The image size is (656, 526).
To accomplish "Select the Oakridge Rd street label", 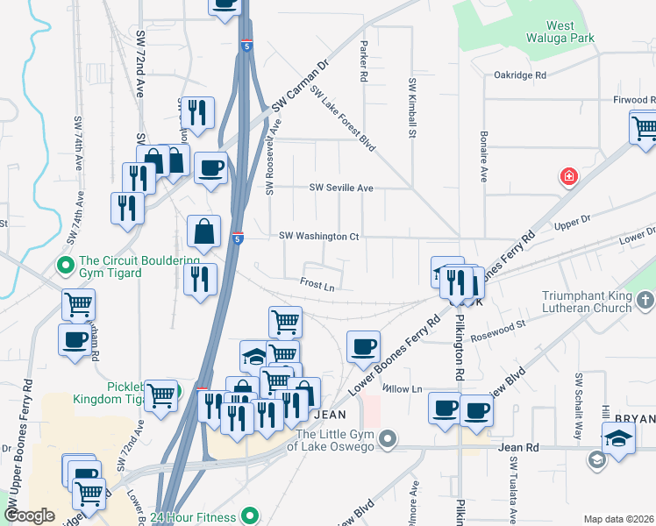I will pyautogui.click(x=520, y=75).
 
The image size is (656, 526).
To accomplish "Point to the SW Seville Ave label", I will pyautogui.click(x=341, y=188).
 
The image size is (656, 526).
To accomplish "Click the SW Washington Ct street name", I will pyautogui.click(x=319, y=236).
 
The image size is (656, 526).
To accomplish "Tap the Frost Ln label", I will pyautogui.click(x=317, y=284).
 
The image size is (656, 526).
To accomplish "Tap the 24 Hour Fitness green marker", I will pyautogui.click(x=249, y=515).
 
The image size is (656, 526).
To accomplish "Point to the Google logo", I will pyautogui.click(x=30, y=515).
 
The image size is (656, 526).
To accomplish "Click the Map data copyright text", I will pyautogui.click(x=618, y=519).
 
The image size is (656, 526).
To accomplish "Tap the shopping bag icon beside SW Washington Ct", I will pyautogui.click(x=203, y=232).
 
